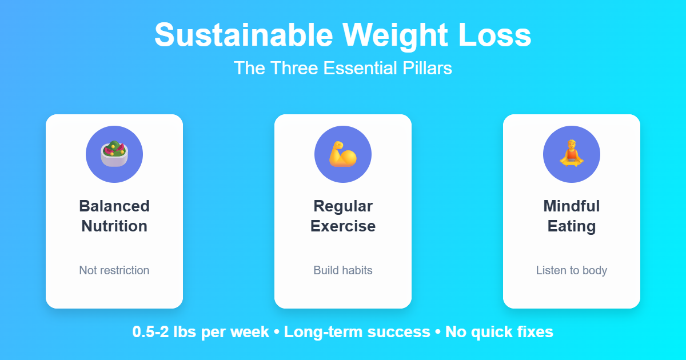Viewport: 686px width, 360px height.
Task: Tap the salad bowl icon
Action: click(x=114, y=154)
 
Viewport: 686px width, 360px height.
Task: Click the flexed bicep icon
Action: click(x=343, y=154)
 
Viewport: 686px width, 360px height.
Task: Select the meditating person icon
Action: click(x=572, y=154)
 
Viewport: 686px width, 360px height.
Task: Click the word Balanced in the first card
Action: click(x=114, y=206)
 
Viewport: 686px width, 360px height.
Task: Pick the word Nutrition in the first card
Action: click(x=114, y=226)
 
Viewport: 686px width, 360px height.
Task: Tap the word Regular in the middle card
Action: click(x=343, y=206)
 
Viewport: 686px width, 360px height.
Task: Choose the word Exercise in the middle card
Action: click(x=343, y=226)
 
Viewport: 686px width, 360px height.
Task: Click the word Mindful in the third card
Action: click(x=572, y=206)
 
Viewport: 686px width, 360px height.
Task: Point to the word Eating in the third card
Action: click(x=572, y=226)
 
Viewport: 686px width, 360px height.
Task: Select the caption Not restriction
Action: click(x=114, y=270)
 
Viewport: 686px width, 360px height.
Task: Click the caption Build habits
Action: click(x=343, y=270)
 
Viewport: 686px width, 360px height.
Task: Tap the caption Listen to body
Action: click(x=572, y=270)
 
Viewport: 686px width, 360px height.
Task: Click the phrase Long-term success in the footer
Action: click(x=357, y=332)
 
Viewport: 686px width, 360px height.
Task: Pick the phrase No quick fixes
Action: click(x=499, y=332)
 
